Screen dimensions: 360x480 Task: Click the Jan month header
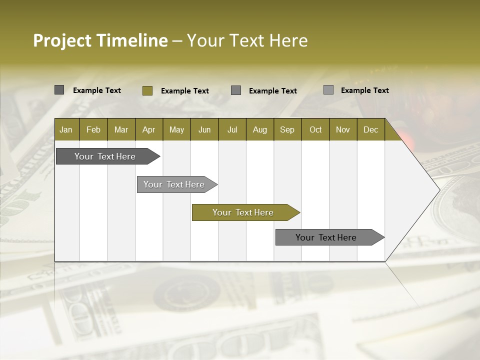(66, 129)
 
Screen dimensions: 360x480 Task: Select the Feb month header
(93, 129)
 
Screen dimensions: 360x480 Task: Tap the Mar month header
(121, 129)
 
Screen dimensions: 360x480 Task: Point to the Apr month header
(148, 129)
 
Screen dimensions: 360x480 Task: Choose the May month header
(176, 129)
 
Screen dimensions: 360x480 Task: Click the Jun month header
(204, 129)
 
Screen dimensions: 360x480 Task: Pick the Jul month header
(232, 129)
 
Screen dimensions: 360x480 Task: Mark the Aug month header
(260, 129)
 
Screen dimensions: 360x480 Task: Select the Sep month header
(287, 129)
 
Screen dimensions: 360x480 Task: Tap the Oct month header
(315, 129)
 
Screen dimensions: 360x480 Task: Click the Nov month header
(343, 129)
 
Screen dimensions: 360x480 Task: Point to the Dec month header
(370, 129)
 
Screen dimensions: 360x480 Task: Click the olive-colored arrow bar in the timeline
(243, 212)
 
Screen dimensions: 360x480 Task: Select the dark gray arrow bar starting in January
(105, 156)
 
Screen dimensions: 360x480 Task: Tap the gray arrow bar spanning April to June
(174, 184)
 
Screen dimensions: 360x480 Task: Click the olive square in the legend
(147, 90)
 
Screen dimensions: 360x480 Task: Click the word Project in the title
(62, 40)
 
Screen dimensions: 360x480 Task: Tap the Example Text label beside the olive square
(185, 91)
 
